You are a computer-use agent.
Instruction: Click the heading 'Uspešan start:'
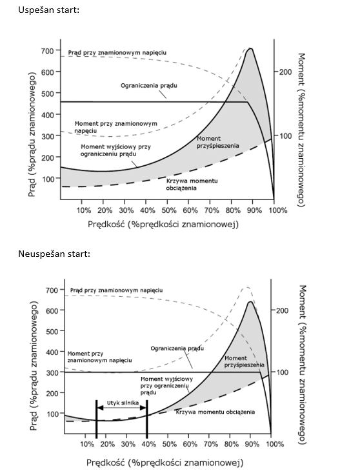point(49,10)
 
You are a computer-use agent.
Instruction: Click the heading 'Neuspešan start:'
point(54,254)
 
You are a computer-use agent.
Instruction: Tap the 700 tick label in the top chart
point(47,50)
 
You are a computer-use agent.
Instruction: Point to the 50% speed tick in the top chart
point(168,210)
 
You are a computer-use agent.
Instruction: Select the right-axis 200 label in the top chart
point(286,72)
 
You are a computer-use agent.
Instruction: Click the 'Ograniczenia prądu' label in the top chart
point(149,86)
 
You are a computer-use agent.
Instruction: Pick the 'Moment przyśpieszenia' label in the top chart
point(217,142)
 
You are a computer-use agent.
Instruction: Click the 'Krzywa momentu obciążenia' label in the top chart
point(192,185)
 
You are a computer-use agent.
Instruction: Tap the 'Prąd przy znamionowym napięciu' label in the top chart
point(117,53)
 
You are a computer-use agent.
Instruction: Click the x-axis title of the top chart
point(163,225)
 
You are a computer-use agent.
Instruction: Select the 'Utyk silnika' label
point(123,403)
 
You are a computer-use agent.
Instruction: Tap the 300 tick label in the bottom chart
point(52,372)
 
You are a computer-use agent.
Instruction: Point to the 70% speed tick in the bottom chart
point(211,444)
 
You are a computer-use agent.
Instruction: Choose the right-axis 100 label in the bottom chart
point(282,372)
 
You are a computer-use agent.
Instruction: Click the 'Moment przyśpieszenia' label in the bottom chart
point(245,361)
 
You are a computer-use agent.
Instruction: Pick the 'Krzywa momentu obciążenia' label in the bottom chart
point(215,412)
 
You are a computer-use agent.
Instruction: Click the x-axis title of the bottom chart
point(165,463)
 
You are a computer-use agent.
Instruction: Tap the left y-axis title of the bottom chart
point(34,366)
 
